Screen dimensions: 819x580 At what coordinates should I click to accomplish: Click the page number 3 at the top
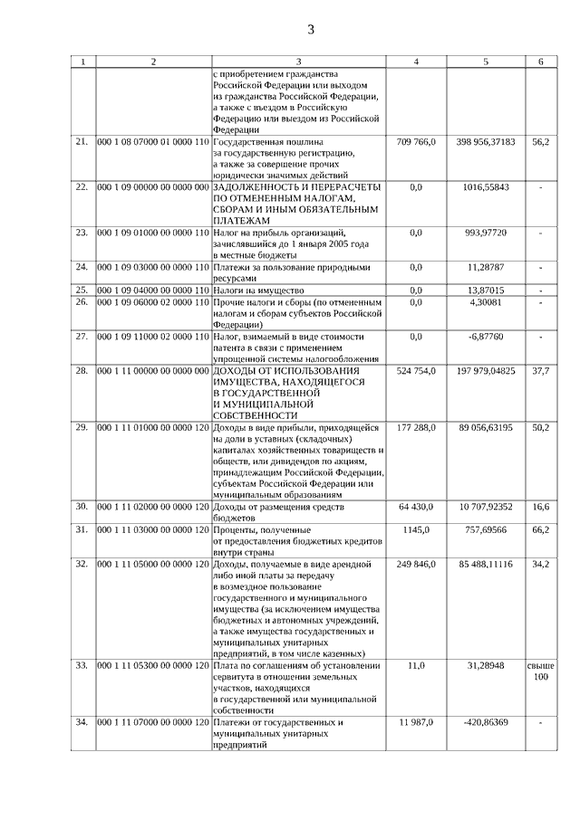point(310,30)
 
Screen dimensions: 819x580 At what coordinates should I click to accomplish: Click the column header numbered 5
point(486,62)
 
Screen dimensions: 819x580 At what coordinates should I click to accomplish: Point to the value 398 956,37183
point(486,142)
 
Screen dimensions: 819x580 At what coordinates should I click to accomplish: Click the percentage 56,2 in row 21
point(540,142)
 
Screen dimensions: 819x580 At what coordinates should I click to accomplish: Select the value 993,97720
point(486,233)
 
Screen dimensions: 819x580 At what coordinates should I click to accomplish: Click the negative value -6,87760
point(486,336)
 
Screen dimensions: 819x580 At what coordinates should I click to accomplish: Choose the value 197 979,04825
point(486,370)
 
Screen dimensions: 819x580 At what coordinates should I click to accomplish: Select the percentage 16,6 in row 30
point(540,507)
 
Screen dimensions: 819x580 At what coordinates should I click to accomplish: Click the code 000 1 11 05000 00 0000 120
point(153,564)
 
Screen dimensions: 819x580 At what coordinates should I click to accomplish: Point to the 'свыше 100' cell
point(540,671)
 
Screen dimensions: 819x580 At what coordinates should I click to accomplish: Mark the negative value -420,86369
point(486,722)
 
